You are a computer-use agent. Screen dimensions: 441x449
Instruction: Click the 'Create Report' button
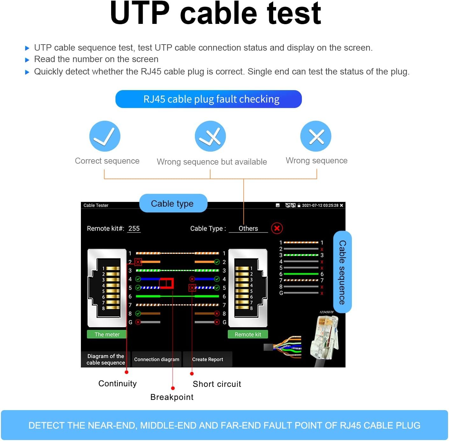(x=207, y=359)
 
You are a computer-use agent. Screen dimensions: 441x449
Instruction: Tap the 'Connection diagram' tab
(x=156, y=359)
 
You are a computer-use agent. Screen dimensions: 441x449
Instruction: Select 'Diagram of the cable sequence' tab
(x=106, y=359)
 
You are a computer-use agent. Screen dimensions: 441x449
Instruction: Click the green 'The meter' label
(x=107, y=334)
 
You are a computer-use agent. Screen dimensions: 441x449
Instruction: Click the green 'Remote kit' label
(x=248, y=334)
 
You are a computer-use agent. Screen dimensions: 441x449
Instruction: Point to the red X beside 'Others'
(x=277, y=228)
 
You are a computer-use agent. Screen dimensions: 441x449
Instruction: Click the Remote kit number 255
(x=134, y=229)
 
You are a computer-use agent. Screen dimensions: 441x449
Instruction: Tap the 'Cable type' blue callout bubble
(x=172, y=203)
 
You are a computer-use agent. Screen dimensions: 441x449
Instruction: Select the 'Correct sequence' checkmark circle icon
(x=105, y=136)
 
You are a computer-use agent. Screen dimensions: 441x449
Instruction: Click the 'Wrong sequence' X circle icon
(x=316, y=136)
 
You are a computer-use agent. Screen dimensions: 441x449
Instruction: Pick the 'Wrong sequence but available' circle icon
(x=210, y=136)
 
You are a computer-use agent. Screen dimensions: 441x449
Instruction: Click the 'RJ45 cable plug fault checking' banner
(x=209, y=99)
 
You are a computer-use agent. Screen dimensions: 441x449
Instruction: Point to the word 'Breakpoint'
(x=172, y=397)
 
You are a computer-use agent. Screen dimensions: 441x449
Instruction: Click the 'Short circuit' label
(x=217, y=384)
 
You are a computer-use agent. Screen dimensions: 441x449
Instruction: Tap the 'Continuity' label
(x=118, y=383)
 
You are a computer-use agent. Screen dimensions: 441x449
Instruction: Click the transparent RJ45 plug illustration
(x=325, y=338)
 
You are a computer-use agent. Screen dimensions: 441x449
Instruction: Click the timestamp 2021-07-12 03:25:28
(x=320, y=205)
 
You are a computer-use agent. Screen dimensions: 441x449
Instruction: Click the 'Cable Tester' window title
(x=96, y=205)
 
